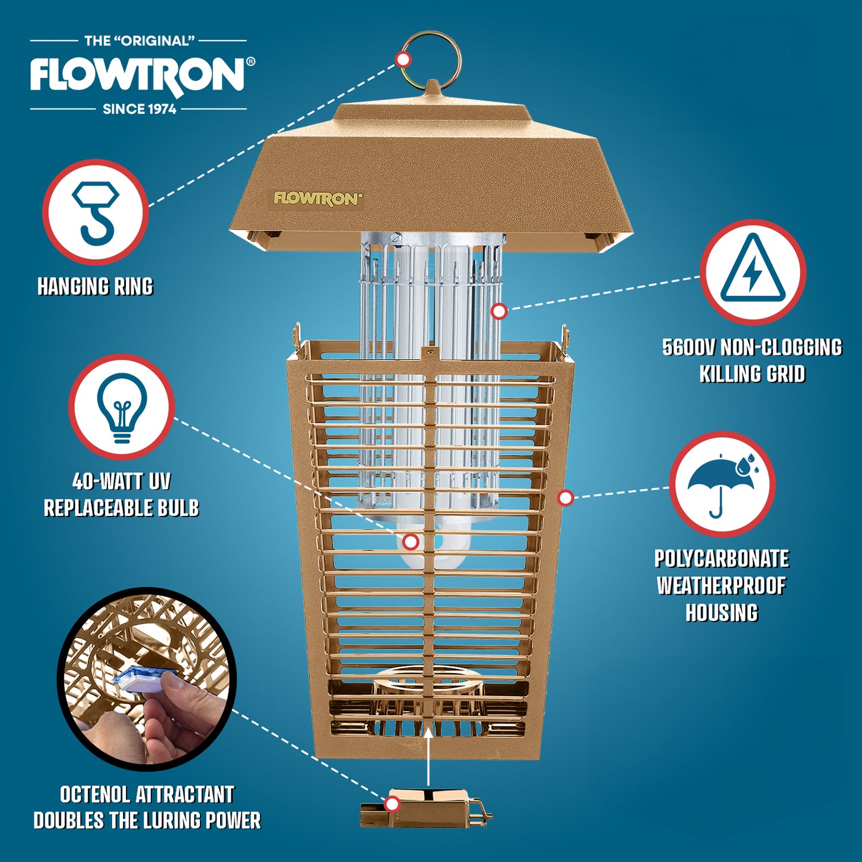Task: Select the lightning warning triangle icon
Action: [753, 273]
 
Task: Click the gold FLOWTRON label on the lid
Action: [317, 199]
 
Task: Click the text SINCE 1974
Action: [140, 109]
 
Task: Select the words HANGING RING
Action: [95, 286]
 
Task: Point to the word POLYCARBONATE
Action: [722, 559]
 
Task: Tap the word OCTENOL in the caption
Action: [94, 795]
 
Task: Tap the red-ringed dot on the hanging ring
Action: [403, 59]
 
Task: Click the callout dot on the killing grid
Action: [499, 311]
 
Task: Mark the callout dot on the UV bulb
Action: [410, 542]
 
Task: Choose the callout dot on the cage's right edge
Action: [566, 498]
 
